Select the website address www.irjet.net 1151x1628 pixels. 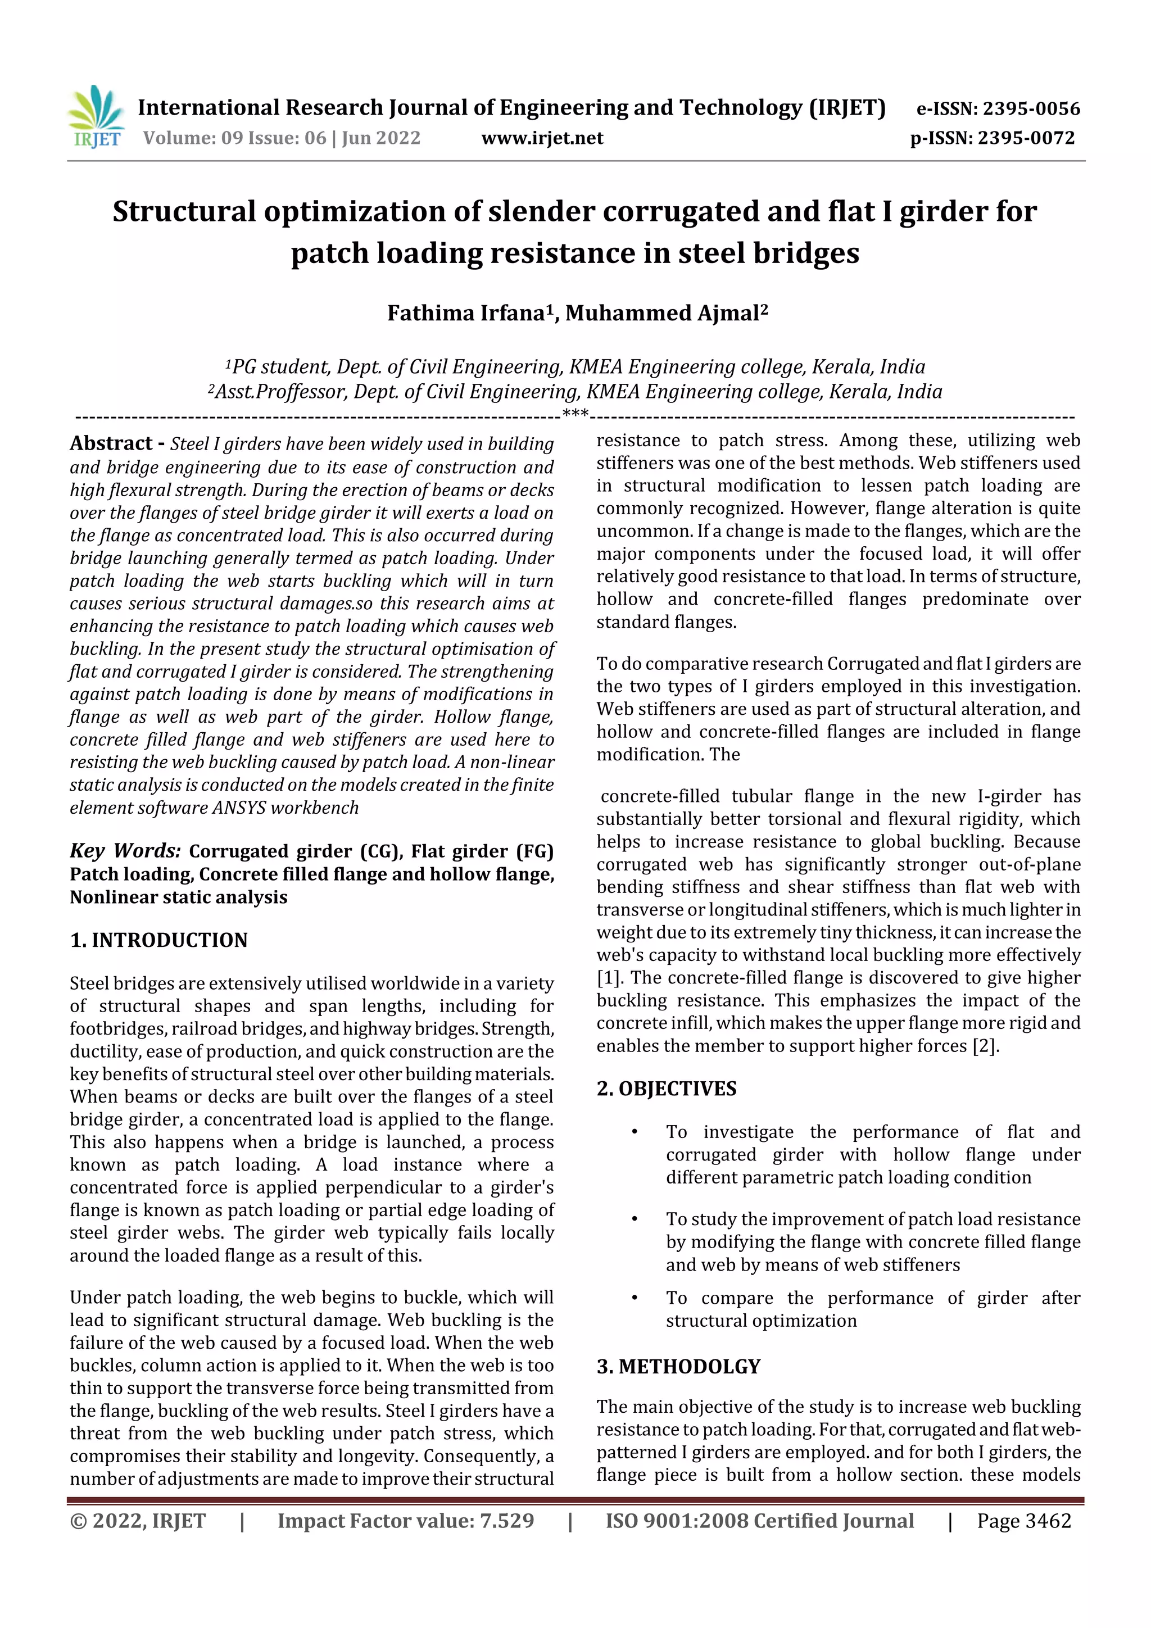542,138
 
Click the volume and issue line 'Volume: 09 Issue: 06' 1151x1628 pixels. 234,138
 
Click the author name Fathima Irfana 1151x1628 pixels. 466,314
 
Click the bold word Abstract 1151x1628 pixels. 111,444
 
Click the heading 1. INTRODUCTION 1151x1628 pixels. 159,940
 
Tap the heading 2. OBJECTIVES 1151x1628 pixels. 666,1089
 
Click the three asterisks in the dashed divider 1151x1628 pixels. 574,414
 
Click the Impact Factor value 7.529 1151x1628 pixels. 506,1521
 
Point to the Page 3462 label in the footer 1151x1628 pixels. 1023,1521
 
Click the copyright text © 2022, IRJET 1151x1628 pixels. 138,1521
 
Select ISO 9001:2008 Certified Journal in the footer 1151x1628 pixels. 759,1521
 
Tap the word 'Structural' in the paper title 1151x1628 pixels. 184,212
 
